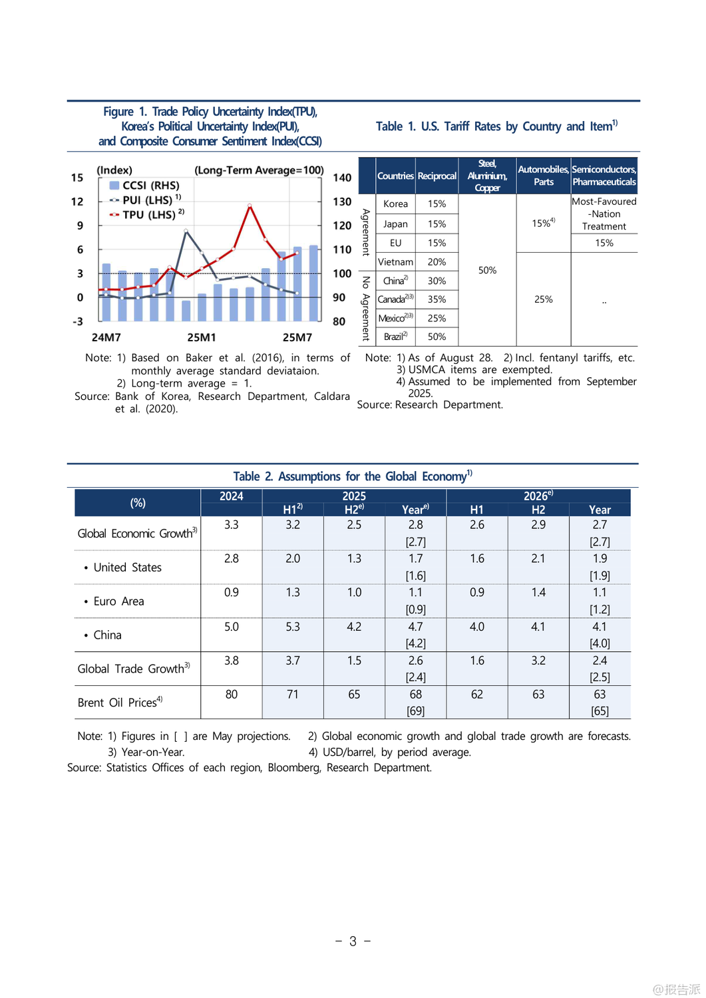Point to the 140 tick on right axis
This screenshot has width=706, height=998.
(x=342, y=178)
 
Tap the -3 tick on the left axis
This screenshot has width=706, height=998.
(x=78, y=321)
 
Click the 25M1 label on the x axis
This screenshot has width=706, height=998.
(x=202, y=337)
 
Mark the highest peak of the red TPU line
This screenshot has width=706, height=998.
(x=250, y=206)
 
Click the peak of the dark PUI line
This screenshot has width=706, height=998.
(x=186, y=231)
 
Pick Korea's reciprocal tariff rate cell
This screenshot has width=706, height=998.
(x=437, y=204)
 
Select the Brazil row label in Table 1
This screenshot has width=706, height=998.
(x=395, y=337)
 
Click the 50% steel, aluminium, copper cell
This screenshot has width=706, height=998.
(x=487, y=270)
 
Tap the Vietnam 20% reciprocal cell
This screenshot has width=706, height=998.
(x=437, y=262)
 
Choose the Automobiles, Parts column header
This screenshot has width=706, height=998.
(x=543, y=176)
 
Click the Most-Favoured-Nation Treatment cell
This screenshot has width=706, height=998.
(x=604, y=214)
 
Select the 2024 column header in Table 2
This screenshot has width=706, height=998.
(x=231, y=496)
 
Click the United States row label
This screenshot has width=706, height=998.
(x=127, y=568)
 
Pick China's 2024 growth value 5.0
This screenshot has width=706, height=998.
(x=231, y=627)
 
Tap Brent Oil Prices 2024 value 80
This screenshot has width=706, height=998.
(x=231, y=695)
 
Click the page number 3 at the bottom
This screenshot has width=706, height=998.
(x=353, y=941)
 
